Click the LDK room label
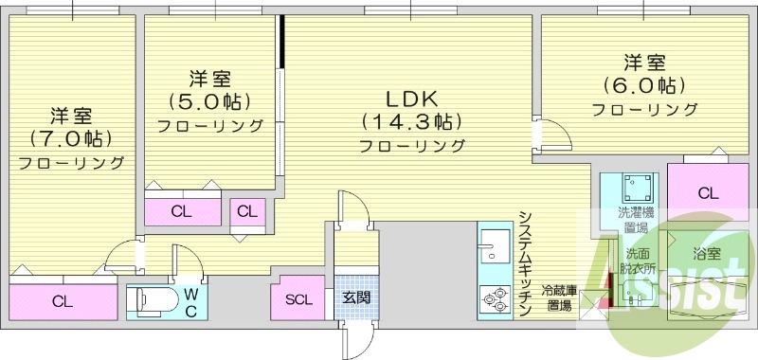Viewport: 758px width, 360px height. click(x=411, y=99)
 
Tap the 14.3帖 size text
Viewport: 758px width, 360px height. click(x=412, y=122)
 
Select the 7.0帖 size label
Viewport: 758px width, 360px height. click(x=70, y=139)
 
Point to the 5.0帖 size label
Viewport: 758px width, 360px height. click(x=209, y=101)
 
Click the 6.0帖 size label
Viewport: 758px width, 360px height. click(x=644, y=85)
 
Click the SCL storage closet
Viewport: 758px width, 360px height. click(x=298, y=298)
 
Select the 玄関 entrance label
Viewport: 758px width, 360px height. click(x=356, y=297)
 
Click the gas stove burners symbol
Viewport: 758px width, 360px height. click(x=496, y=299)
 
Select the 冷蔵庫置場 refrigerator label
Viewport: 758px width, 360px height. click(x=559, y=297)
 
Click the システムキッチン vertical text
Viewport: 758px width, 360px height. click(x=527, y=262)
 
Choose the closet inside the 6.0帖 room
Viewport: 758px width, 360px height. click(x=708, y=193)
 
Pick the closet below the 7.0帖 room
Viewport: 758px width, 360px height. click(x=63, y=302)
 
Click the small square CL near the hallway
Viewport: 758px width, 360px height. click(x=247, y=211)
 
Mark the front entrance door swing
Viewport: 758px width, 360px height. click(x=356, y=340)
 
